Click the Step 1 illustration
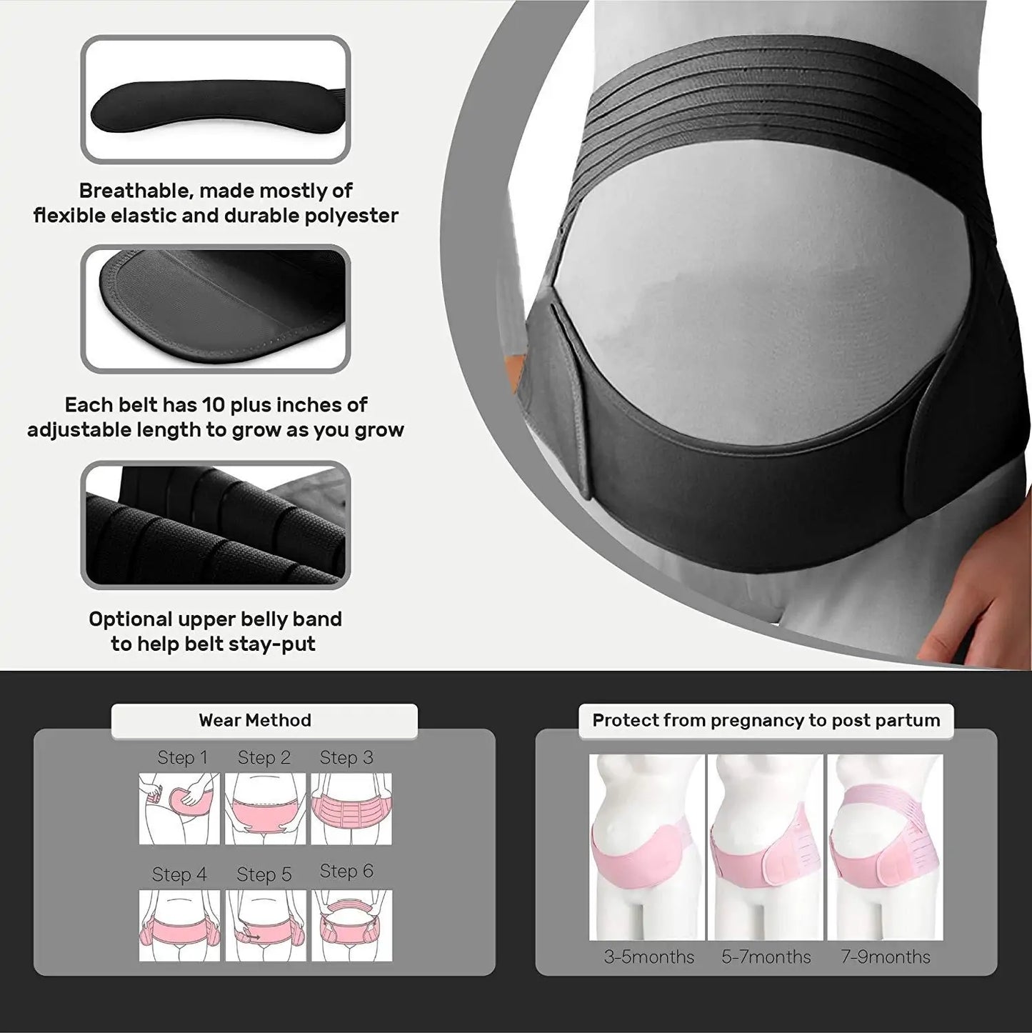point(179,809)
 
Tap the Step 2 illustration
point(265,809)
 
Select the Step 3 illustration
point(351,809)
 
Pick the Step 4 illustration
point(179,925)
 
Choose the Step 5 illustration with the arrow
point(265,925)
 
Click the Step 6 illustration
point(351,925)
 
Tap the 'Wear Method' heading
point(255,720)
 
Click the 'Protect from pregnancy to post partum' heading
point(766,720)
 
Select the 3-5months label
point(648,957)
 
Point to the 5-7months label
point(766,957)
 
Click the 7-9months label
point(885,957)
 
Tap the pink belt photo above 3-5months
point(646,847)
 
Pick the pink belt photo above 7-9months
point(885,847)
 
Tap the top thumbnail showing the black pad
point(216,100)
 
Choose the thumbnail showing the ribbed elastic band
point(216,525)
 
